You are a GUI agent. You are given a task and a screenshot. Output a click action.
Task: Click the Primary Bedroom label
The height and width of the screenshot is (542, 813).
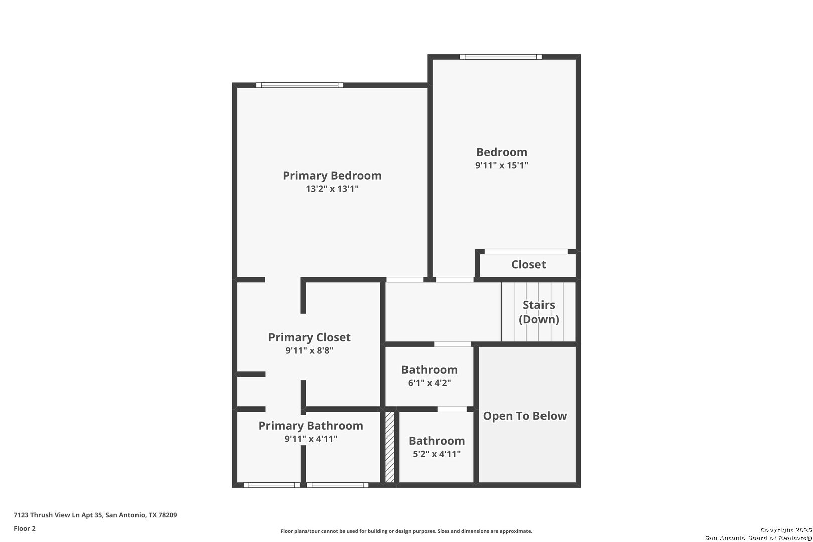pos(332,176)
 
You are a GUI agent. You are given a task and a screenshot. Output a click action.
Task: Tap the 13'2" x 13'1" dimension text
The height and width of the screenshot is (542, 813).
pos(332,189)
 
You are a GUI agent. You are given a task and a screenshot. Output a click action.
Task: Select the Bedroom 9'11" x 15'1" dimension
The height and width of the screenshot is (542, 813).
pos(501,165)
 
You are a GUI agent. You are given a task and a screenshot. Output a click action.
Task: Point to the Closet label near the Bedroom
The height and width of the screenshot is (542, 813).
pos(528,264)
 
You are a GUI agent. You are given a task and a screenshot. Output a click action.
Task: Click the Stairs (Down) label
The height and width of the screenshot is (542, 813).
pos(538,312)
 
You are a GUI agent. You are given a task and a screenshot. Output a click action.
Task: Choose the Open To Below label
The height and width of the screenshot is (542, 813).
pos(525,416)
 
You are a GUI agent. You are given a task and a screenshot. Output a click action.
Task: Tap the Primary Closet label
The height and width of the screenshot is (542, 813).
pos(309,337)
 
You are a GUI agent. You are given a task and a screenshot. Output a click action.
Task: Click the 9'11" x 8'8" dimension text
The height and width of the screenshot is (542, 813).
pos(309,351)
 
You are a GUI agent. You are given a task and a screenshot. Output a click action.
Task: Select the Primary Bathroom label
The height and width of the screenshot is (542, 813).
pos(311,426)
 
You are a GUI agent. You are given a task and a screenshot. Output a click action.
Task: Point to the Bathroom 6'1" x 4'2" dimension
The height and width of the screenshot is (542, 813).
pos(430,383)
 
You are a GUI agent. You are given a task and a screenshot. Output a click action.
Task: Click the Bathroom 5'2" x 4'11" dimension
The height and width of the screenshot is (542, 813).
pos(437,454)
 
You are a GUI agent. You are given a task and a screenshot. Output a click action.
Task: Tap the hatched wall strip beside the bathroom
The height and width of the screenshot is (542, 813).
pos(390,447)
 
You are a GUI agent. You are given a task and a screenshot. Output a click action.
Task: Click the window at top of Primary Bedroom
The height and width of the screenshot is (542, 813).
pos(300,85)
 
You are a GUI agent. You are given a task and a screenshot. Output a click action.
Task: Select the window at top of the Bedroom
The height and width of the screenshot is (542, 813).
pos(501,57)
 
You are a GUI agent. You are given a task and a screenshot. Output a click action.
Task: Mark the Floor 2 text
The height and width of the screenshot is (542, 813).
pos(25,528)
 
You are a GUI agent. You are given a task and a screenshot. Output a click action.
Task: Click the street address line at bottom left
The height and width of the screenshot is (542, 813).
pos(95,515)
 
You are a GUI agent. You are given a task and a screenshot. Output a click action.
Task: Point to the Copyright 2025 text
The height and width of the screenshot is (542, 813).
pos(786,530)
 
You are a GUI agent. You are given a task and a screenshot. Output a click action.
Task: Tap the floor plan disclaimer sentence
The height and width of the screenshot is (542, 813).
pos(406,531)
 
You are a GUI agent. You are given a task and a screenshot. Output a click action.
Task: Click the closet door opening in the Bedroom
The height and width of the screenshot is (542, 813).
pos(526,251)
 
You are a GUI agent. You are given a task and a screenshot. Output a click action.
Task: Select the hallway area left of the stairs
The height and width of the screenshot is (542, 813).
pos(443,312)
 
